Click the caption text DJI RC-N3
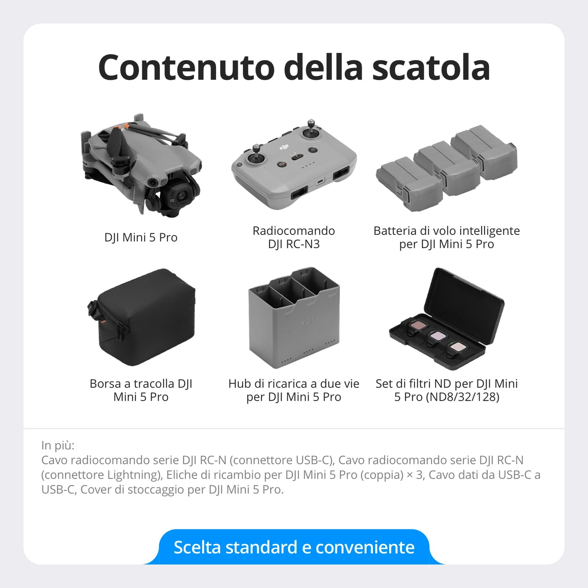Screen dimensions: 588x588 [294, 244]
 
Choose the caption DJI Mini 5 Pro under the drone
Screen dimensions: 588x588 [141, 238]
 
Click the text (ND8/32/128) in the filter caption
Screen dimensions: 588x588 [462, 397]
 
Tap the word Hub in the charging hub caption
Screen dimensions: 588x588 [239, 384]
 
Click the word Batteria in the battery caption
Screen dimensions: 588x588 [395, 231]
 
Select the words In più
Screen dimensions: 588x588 [58, 446]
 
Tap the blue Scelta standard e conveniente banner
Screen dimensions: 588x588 [294, 547]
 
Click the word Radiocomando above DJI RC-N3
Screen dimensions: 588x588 [294, 231]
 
